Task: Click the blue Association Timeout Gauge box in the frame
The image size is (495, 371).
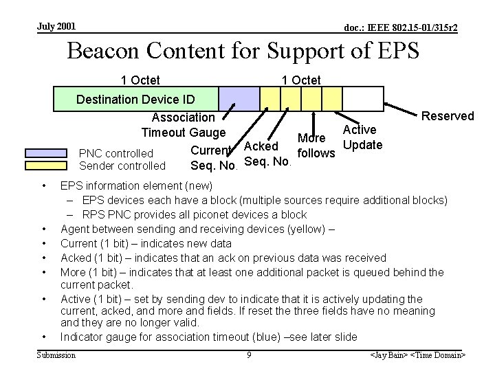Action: [x=239, y=98]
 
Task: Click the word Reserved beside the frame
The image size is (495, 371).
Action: [x=448, y=116]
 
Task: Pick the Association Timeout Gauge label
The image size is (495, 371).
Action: [x=183, y=125]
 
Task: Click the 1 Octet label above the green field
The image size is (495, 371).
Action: [x=140, y=80]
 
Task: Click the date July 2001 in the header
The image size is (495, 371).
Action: [x=56, y=27]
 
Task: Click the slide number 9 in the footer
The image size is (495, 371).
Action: [x=248, y=355]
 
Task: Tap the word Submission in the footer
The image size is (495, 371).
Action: [x=56, y=355]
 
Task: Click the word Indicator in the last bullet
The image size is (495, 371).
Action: [x=84, y=337]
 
